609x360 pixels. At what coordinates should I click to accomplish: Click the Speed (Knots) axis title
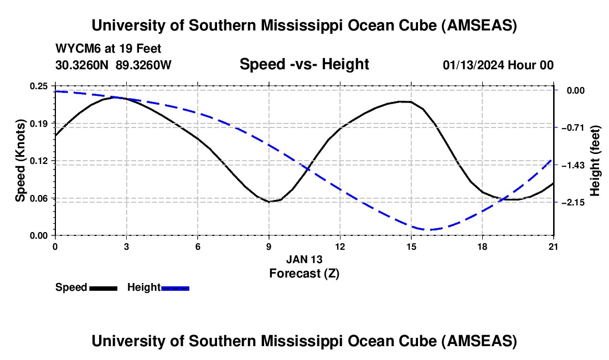click(20, 161)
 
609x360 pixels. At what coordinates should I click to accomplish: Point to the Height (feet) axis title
click(595, 161)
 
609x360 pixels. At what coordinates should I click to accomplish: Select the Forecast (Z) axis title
click(304, 273)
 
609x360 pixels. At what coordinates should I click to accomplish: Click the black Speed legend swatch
click(103, 288)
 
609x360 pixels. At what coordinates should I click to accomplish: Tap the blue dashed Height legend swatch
click(175, 288)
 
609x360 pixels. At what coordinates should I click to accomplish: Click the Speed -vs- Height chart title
click(304, 64)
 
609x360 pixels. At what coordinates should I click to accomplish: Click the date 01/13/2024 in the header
click(477, 65)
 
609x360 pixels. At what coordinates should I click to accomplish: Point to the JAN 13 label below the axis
click(304, 259)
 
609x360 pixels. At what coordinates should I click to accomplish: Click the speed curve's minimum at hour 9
click(269, 202)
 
